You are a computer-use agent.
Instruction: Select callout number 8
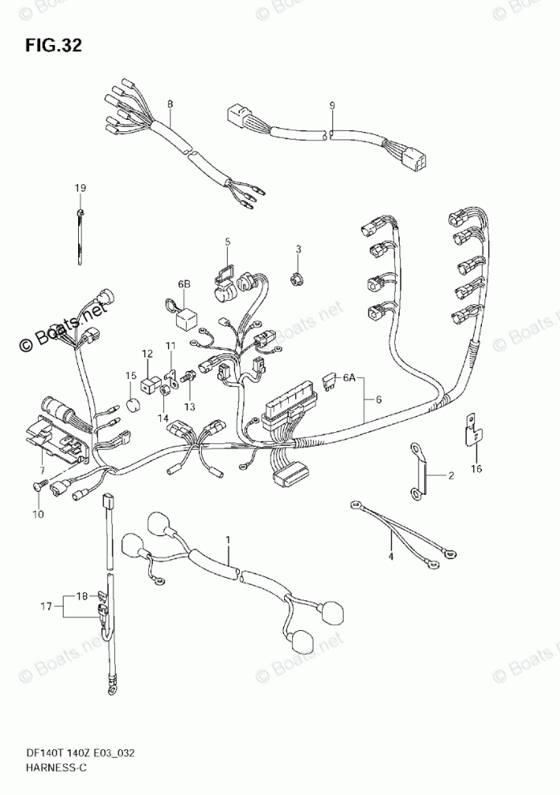pyautogui.click(x=170, y=104)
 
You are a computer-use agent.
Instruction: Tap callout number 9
pyautogui.click(x=331, y=105)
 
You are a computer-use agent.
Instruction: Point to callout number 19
pyautogui.click(x=80, y=188)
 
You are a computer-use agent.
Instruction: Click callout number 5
pyautogui.click(x=227, y=241)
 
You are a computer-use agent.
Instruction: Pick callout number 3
pyautogui.click(x=297, y=249)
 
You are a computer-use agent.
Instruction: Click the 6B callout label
pyautogui.click(x=184, y=284)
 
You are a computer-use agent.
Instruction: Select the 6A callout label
pyautogui.click(x=348, y=377)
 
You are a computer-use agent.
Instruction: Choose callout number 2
pyautogui.click(x=451, y=476)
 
